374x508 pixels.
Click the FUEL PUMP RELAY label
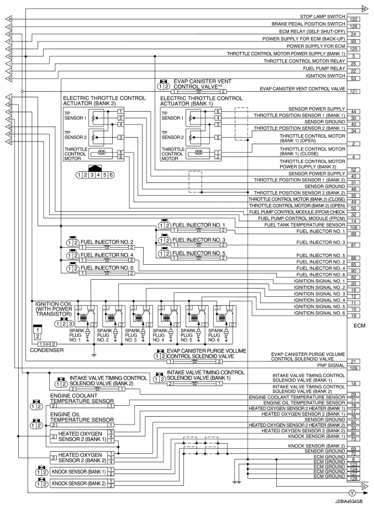coord(324,67)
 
